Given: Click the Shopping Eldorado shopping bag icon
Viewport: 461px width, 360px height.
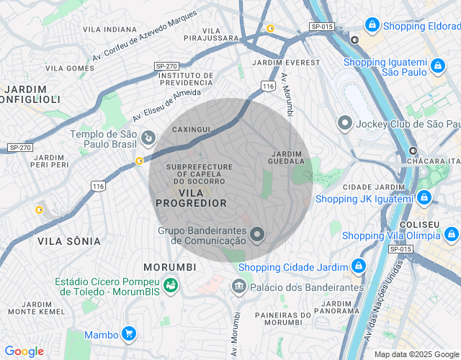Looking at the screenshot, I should pyautogui.click(x=372, y=25).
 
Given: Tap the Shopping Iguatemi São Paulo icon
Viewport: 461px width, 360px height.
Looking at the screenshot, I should pyautogui.click(x=437, y=67).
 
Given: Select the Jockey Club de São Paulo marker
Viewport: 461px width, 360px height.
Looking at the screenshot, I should pyautogui.click(x=345, y=123).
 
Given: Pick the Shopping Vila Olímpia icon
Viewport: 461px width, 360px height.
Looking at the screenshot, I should pyautogui.click(x=451, y=234).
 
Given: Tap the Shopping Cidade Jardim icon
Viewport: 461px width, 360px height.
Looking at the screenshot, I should pyautogui.click(x=358, y=267).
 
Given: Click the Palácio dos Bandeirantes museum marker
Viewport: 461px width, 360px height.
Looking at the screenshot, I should pyautogui.click(x=238, y=287).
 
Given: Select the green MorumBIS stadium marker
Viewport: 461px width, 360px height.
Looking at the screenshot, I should pyautogui.click(x=170, y=286).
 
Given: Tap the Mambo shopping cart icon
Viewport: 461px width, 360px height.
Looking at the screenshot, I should pyautogui.click(x=129, y=333).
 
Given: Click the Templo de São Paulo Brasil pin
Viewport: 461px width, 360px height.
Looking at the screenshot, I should pyautogui.click(x=148, y=136).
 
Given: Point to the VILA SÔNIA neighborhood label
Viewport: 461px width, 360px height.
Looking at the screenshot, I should pyautogui.click(x=69, y=241).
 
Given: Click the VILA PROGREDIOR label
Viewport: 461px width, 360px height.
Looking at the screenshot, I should pyautogui.click(x=191, y=198).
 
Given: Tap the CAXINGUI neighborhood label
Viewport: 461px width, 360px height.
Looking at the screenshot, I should pyautogui.click(x=191, y=129).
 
